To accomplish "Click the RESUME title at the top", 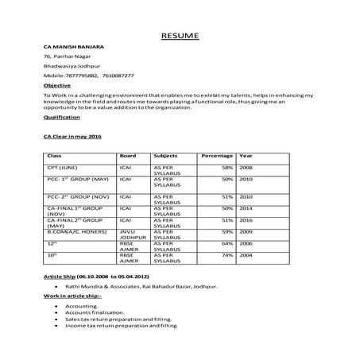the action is click(x=180, y=36).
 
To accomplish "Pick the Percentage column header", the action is click(x=217, y=155).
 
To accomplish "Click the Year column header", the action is click(x=246, y=155).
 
